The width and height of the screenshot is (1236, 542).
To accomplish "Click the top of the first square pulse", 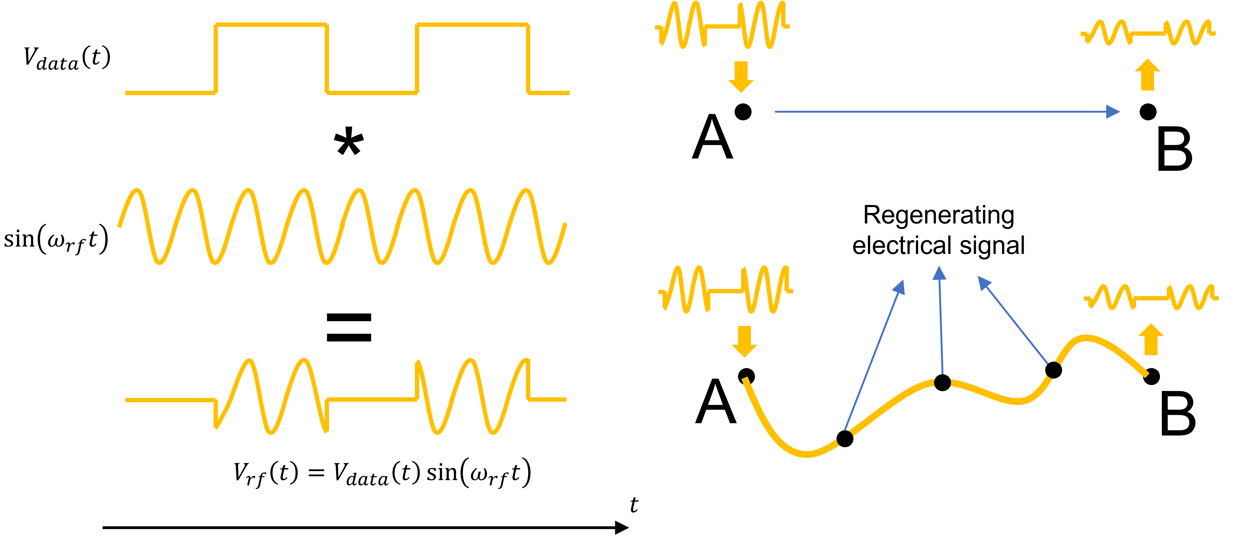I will (271, 24).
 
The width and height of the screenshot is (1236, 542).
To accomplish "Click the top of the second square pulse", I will (473, 24).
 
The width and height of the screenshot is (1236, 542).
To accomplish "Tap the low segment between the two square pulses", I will (372, 93).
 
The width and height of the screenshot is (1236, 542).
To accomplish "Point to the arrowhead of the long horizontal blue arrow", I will (1113, 112).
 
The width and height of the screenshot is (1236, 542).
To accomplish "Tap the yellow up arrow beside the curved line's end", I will (1150, 339).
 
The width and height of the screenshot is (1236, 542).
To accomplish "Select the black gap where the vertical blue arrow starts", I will (942, 382).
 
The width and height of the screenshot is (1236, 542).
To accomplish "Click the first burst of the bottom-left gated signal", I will (271, 396).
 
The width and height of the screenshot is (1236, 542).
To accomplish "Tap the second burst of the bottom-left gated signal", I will (473, 396).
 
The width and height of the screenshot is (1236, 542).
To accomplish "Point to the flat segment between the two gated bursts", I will (372, 399).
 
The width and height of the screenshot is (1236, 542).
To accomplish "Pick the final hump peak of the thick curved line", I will (1085, 338).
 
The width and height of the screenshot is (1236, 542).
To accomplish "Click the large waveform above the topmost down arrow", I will (722, 25).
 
